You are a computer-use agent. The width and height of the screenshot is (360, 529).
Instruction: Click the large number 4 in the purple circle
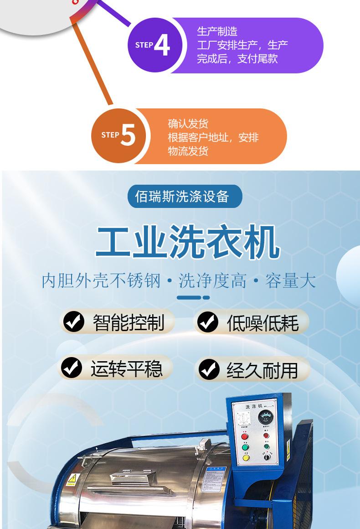pyautogui.click(x=162, y=45)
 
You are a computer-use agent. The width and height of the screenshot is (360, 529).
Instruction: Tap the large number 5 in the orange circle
pyautogui.click(x=128, y=135)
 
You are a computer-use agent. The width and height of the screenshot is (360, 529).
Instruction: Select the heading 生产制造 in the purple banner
pyautogui.click(x=217, y=31)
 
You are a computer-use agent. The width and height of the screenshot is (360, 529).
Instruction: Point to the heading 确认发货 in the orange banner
pyautogui.click(x=188, y=124)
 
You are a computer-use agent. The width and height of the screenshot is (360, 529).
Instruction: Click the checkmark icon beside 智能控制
pyautogui.click(x=74, y=322)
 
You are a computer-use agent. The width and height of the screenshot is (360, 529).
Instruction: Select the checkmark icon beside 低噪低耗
pyautogui.click(x=207, y=322)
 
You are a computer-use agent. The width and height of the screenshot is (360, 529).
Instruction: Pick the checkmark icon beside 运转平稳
pyautogui.click(x=72, y=368)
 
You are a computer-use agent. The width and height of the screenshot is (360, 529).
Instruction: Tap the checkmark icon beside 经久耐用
pyautogui.click(x=209, y=369)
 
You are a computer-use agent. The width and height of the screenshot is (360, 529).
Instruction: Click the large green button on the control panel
pyautogui.click(x=245, y=447)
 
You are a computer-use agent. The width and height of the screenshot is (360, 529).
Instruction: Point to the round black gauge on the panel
pyautogui.click(x=266, y=418)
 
